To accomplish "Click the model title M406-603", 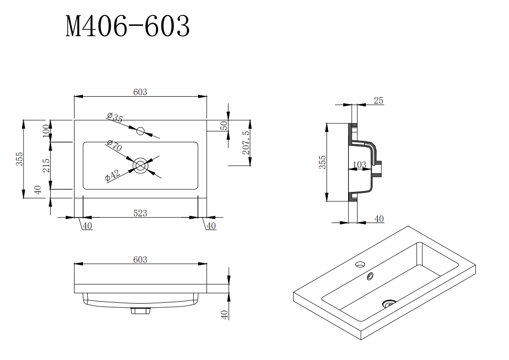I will pyautogui.click(x=128, y=27).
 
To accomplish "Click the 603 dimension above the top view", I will pyautogui.click(x=140, y=92).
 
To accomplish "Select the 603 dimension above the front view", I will pyautogui.click(x=140, y=260).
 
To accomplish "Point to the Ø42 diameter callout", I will pyautogui.click(x=113, y=175).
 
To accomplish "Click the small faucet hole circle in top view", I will pyautogui.click(x=141, y=131).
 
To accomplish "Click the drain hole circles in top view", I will pyautogui.click(x=140, y=165).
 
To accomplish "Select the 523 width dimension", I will pyautogui.click(x=140, y=213).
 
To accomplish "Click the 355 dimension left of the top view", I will pyautogui.click(x=19, y=159).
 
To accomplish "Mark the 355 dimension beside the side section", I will pyautogui.click(x=322, y=162).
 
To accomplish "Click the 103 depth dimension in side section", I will pyautogui.click(x=359, y=165).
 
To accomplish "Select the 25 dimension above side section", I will pyautogui.click(x=379, y=100).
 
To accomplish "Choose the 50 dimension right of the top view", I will pyautogui.click(x=224, y=126).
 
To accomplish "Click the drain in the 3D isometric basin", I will pyautogui.click(x=389, y=304).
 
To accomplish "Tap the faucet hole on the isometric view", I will pyautogui.click(x=360, y=264).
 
